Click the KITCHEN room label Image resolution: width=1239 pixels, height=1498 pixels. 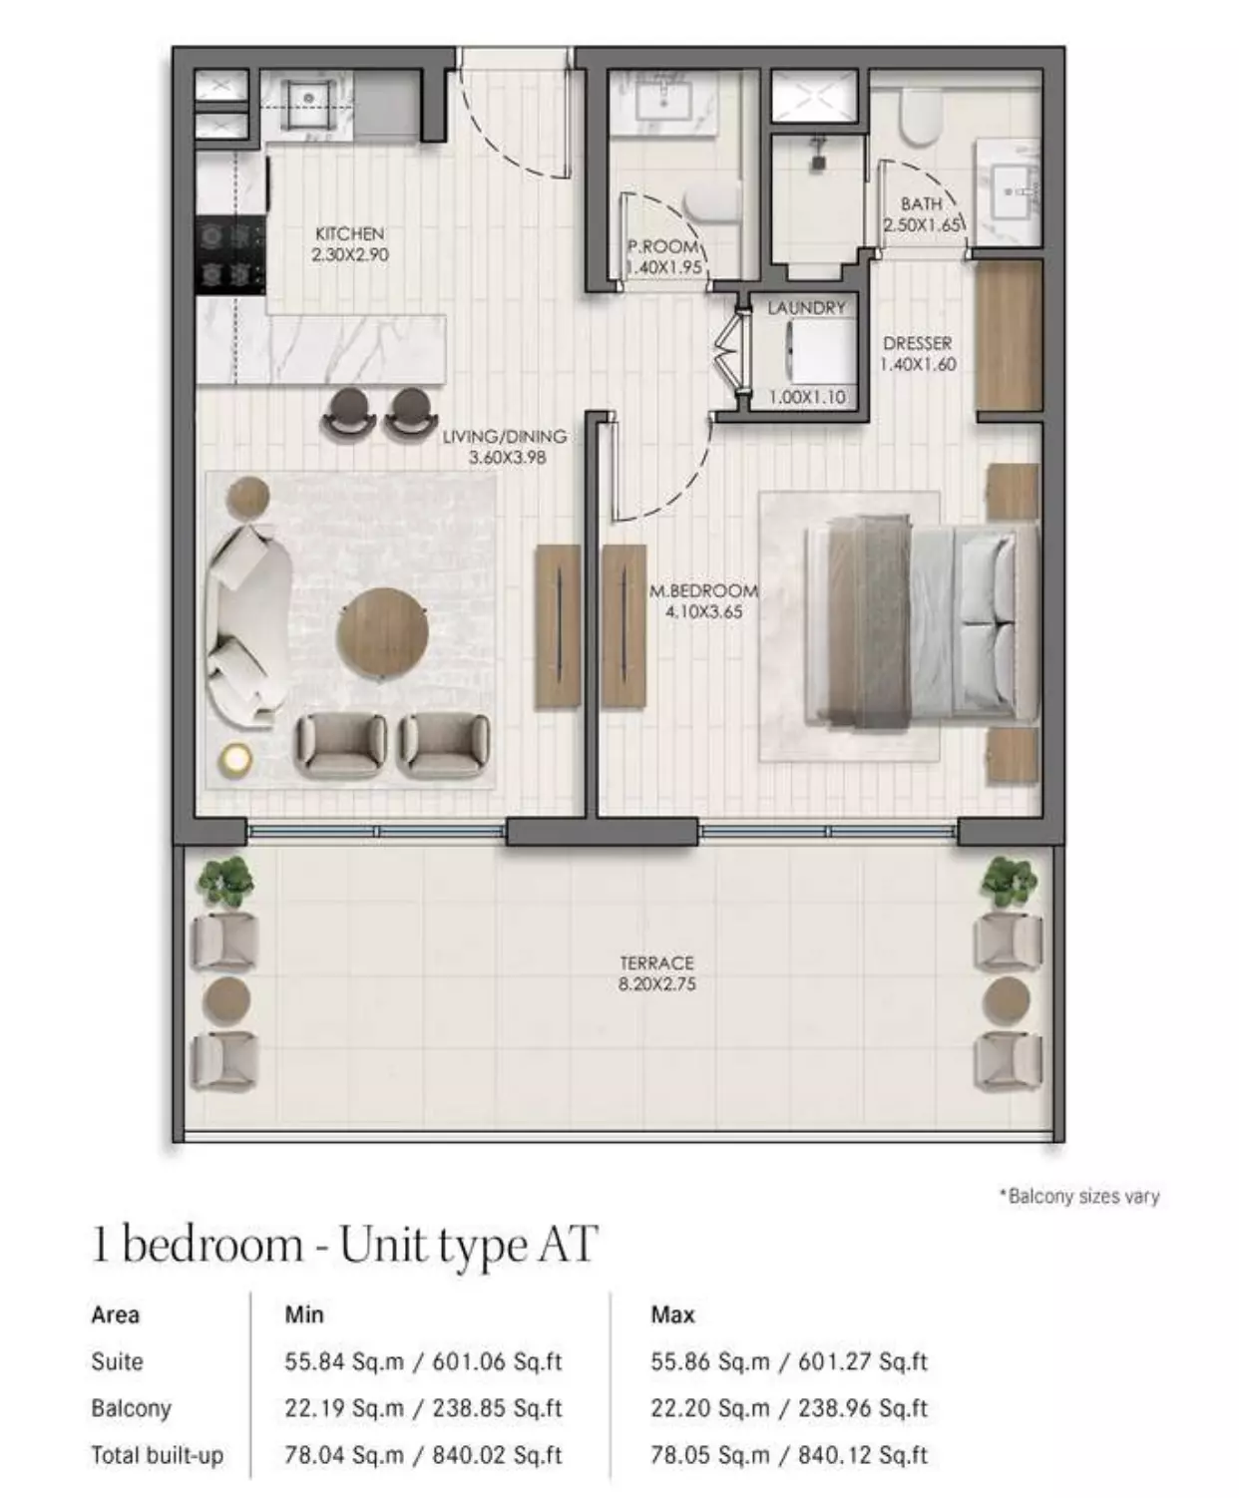(349, 234)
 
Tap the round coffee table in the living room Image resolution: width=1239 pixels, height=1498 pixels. (383, 632)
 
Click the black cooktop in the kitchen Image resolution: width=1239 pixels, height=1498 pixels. (229, 255)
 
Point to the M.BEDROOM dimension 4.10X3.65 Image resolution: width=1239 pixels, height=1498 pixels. (703, 612)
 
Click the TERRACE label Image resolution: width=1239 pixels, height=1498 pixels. (656, 962)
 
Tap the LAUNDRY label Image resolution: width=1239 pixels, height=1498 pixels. (806, 308)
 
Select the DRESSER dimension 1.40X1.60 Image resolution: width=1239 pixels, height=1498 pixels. (918, 364)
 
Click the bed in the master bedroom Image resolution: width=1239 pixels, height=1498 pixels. (922, 621)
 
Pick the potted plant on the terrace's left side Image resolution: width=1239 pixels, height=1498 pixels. (226, 881)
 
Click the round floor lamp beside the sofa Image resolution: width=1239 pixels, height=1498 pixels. (235, 758)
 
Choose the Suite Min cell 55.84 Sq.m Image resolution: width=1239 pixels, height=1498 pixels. (344, 1361)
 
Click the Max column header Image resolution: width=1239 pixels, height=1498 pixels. (672, 1314)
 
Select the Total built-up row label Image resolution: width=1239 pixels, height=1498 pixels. (158, 1455)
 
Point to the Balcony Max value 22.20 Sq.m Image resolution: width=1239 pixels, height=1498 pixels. (710, 1408)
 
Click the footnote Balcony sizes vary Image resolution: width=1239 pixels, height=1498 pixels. (1079, 1197)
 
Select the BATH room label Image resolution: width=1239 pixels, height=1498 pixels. (921, 204)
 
